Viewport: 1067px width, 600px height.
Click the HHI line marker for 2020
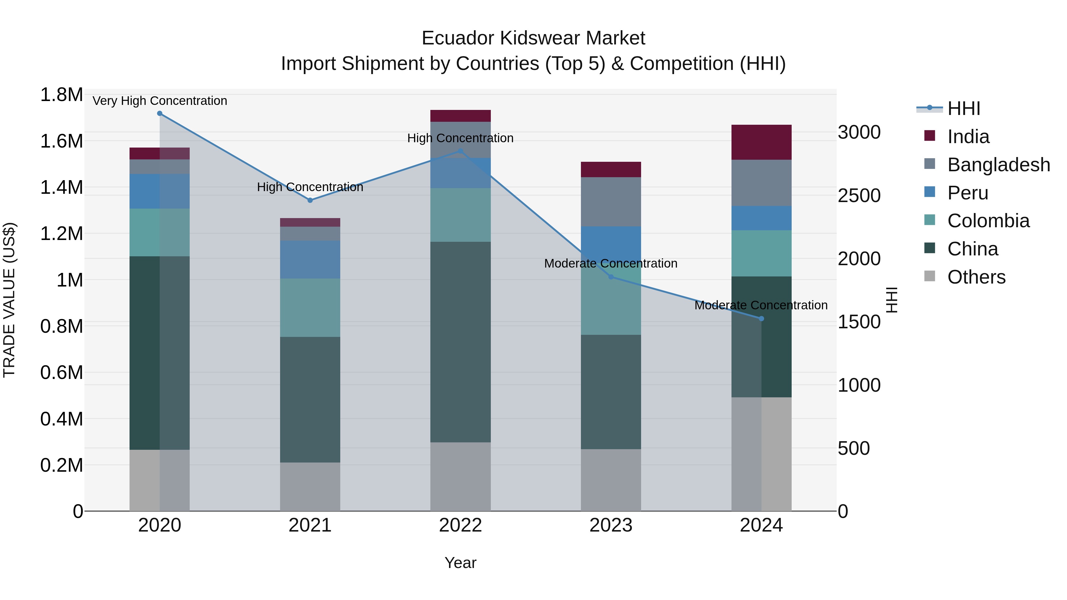tap(159, 113)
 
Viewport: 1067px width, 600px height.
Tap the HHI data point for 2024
tap(761, 319)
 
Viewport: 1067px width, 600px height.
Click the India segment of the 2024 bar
tap(761, 142)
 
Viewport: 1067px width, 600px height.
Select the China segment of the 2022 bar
tap(460, 342)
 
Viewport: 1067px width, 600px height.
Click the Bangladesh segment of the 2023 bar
tap(611, 202)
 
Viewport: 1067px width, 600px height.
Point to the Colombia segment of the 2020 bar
tap(159, 232)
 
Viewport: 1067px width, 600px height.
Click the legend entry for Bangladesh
tap(998, 165)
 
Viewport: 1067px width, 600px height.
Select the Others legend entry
tap(976, 277)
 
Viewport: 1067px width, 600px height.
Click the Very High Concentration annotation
tap(159, 101)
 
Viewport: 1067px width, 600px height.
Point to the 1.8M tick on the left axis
tap(61, 95)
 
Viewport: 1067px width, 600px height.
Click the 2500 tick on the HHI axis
tap(859, 196)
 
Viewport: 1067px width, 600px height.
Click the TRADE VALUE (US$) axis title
tap(9, 300)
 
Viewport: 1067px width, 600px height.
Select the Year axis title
tap(460, 563)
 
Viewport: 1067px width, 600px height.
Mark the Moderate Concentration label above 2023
tap(611, 263)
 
